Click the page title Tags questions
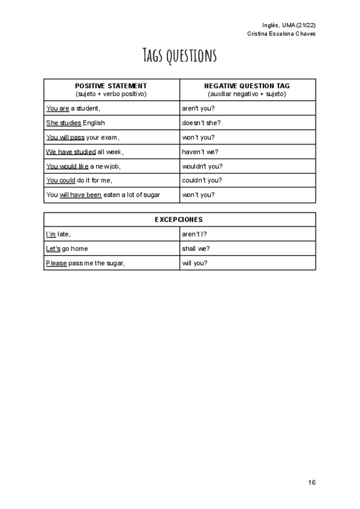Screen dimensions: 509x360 tap(179, 56)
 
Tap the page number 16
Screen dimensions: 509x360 tap(311, 482)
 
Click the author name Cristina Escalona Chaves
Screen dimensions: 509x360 tap(281, 34)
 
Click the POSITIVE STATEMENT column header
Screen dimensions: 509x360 tap(111, 86)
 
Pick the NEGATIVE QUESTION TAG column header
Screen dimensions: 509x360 tap(247, 86)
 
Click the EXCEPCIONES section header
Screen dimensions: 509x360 tap(179, 220)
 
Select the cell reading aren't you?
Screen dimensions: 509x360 tap(198, 109)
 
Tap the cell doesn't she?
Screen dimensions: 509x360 tap(201, 123)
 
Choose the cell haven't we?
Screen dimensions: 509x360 tap(200, 152)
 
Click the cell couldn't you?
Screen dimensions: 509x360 tap(202, 181)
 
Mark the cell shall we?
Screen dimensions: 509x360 tap(196, 248)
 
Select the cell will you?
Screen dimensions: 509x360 tap(194, 263)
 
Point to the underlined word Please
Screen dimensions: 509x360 tap(56, 263)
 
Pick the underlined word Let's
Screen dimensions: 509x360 tap(53, 248)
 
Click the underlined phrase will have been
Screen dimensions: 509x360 tap(80, 195)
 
